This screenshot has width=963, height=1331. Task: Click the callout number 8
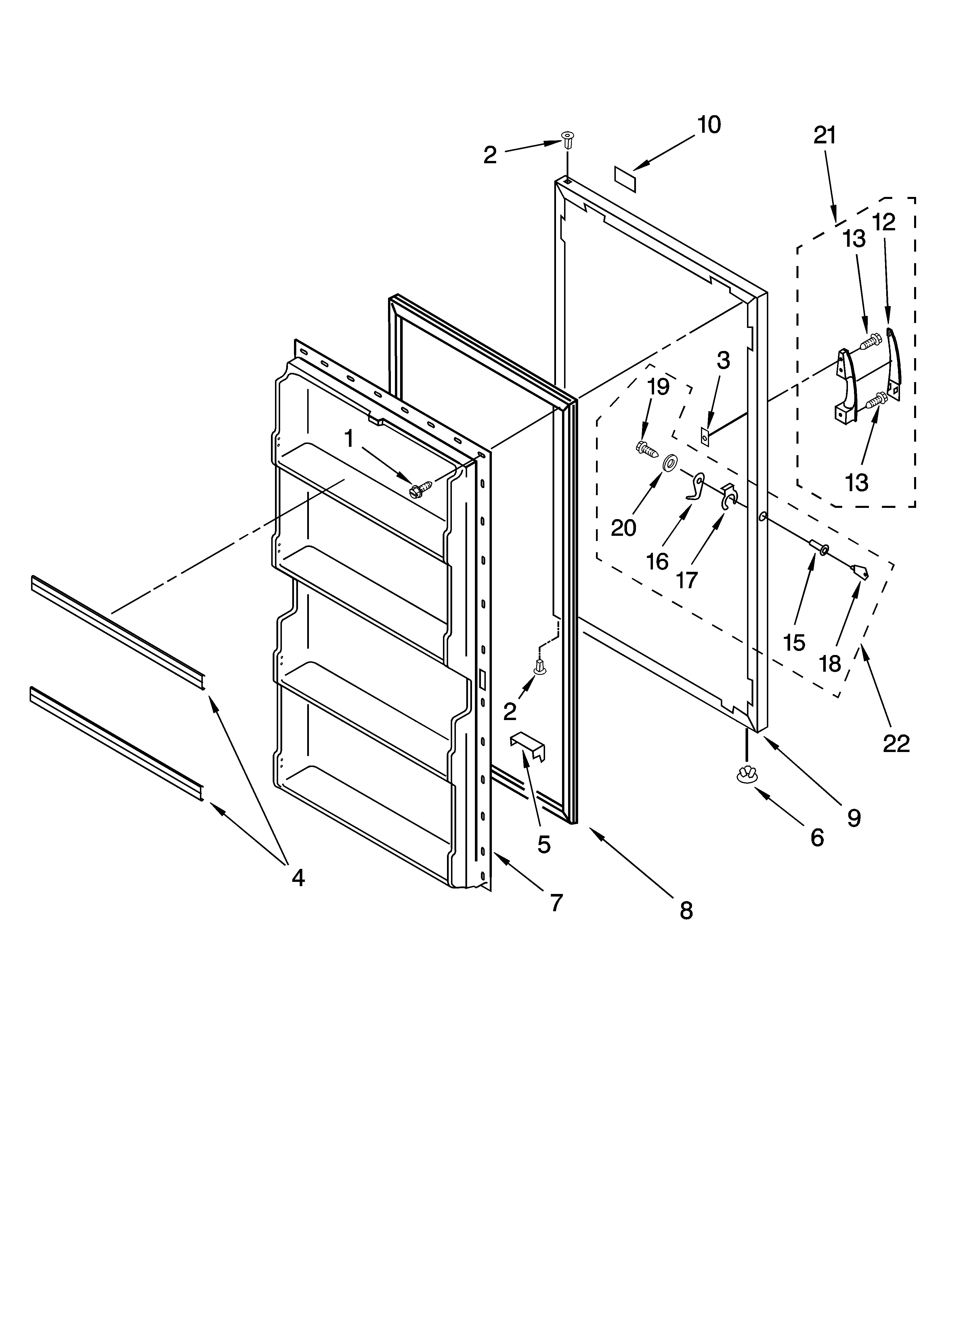(686, 910)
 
